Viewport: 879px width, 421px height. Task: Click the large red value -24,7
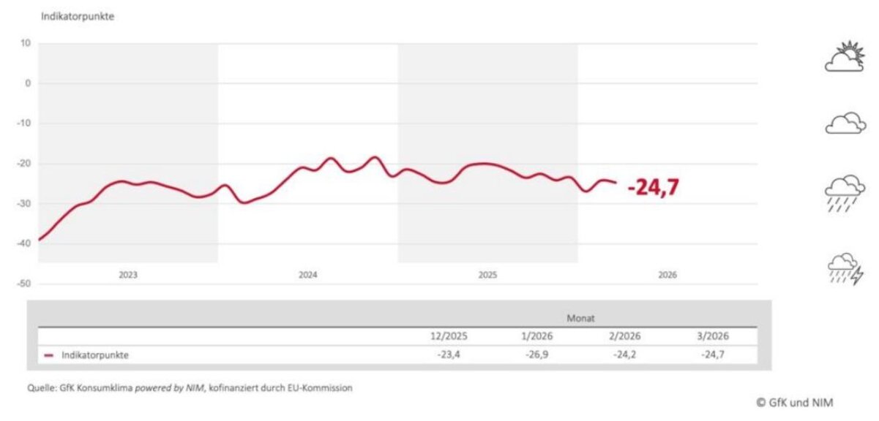654,188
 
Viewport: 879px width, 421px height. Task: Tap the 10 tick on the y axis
26,43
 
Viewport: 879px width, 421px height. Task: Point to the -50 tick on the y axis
24,283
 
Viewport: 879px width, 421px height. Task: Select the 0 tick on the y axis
28,83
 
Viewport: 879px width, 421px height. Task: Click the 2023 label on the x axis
128,276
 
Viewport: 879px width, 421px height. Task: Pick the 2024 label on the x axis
308,276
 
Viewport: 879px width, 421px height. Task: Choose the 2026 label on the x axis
667,276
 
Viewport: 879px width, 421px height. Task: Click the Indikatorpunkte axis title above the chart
78,16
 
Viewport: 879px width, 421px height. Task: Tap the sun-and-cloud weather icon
845,56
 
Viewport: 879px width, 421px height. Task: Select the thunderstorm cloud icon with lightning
845,269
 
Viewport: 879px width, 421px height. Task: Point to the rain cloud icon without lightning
845,192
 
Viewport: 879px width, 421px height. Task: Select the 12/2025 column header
449,337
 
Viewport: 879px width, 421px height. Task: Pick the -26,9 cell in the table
539,355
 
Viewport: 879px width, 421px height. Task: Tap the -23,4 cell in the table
449,355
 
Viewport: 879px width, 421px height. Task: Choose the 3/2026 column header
714,337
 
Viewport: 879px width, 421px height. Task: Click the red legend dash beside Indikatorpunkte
49,355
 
